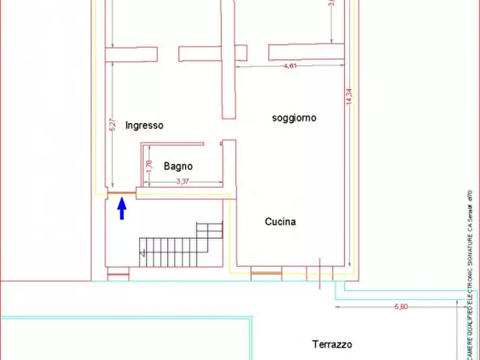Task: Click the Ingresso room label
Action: [x=144, y=126]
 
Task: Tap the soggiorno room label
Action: [x=294, y=118]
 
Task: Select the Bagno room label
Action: [x=178, y=166]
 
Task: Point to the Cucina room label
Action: [x=280, y=221]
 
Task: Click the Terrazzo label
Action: [x=332, y=344]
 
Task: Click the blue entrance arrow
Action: [x=122, y=208]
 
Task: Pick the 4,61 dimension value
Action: [x=290, y=66]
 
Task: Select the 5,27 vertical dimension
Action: [x=112, y=125]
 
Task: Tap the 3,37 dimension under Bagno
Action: [x=183, y=182]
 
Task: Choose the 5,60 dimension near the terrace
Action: [x=401, y=307]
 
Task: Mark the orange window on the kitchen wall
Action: [x=266, y=273]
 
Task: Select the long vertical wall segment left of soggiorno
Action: [x=229, y=59]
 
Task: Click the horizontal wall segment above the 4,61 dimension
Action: [x=306, y=52]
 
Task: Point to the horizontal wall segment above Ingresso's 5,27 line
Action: [x=131, y=54]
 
